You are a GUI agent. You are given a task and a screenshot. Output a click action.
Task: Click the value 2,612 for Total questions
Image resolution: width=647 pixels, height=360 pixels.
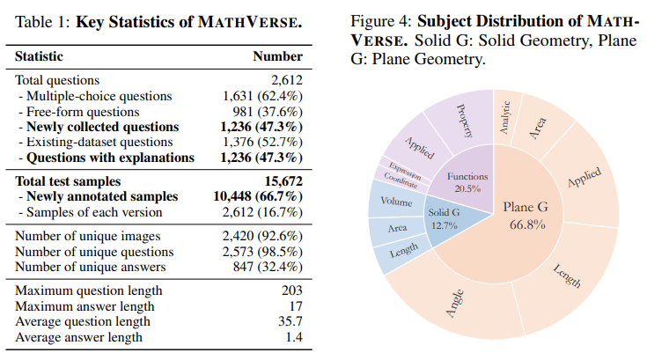coord(284,80)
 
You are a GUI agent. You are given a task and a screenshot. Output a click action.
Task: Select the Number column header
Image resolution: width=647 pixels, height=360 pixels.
coord(277,56)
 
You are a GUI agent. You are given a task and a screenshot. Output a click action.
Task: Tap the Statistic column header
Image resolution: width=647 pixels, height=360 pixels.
coord(40,56)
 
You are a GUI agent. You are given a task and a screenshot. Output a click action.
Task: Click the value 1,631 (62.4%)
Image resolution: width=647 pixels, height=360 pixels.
coord(261,96)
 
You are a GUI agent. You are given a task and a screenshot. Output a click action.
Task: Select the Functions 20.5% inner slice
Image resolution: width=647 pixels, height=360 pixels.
coord(466,182)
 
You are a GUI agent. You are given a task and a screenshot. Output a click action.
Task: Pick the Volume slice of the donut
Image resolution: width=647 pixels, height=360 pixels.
coord(395,202)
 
